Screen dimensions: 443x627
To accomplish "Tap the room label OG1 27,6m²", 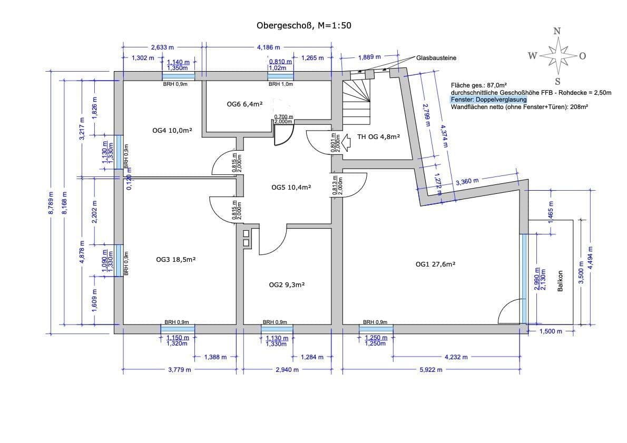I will click(x=435, y=264).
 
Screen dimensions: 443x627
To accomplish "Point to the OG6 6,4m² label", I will click(x=244, y=104).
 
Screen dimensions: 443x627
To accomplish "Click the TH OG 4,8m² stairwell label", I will click(x=378, y=136).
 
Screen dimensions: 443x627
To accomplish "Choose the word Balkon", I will click(x=560, y=281).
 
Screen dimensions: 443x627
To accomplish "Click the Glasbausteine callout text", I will click(x=436, y=58).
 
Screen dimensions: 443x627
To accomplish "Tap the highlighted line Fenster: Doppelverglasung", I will click(x=488, y=99).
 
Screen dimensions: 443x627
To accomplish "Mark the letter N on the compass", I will click(x=557, y=31).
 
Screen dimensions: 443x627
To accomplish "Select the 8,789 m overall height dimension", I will click(x=51, y=203).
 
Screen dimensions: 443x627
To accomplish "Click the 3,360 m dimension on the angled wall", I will click(x=467, y=182).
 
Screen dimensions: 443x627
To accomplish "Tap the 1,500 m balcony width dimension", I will click(x=551, y=331).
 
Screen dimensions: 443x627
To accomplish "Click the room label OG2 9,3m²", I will click(x=287, y=284).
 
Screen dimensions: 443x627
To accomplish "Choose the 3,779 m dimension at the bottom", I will click(x=179, y=370).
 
